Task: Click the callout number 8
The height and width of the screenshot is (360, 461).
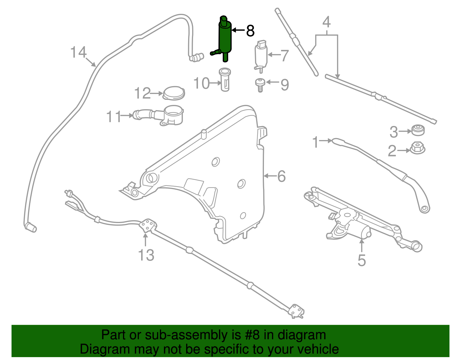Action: tap(250, 31)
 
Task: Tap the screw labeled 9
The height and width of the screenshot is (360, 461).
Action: tap(260, 85)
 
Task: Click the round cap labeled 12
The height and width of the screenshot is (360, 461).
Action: tap(174, 93)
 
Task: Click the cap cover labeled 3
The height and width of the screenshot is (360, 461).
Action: tap(417, 130)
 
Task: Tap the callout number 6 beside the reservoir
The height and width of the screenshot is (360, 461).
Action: tap(281, 176)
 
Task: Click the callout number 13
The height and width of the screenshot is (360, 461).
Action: tap(146, 255)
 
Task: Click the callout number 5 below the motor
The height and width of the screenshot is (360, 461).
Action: tap(362, 260)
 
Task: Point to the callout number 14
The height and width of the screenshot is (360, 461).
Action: tap(78, 52)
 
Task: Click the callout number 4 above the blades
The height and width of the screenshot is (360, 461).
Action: tap(326, 22)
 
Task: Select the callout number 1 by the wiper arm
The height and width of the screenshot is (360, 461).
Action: tap(316, 142)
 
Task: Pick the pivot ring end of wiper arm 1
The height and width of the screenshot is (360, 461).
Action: tap(424, 208)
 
